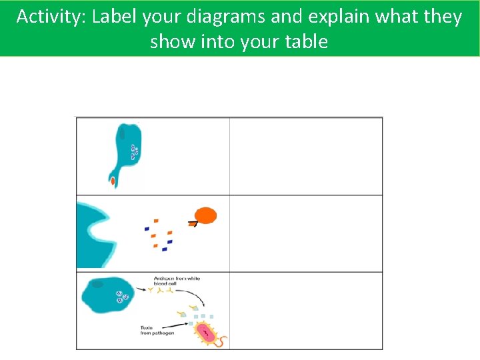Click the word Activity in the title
coord(51,17)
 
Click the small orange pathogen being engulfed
coord(113,181)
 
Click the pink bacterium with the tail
coord(208,332)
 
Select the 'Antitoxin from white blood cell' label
coord(177,281)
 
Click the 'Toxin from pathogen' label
coord(157,330)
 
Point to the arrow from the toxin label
coord(183,324)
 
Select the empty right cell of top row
coord(306,156)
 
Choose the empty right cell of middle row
coord(306,233)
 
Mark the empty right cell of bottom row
coord(306,310)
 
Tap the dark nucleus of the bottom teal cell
coord(97,285)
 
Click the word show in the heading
coord(167,42)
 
